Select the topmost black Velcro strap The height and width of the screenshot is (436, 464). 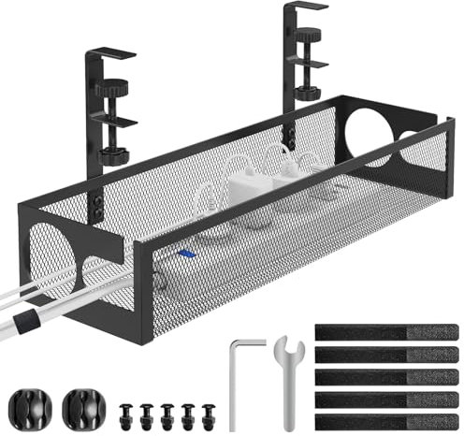[x=386, y=332]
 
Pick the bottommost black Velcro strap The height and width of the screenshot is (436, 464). [x=386, y=421]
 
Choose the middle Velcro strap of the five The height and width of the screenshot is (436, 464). [x=386, y=377]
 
